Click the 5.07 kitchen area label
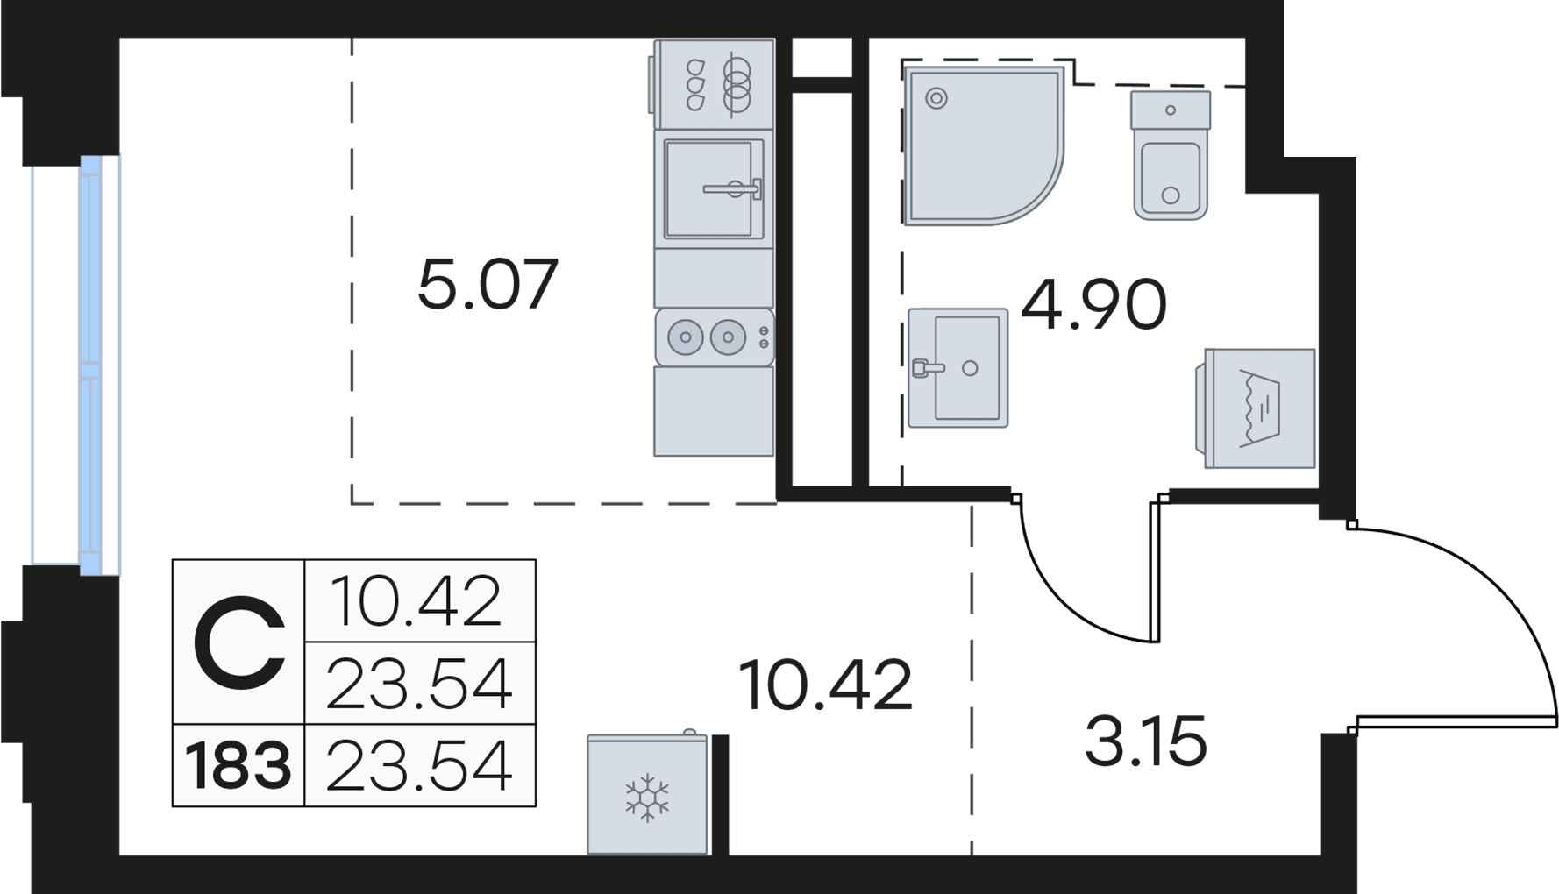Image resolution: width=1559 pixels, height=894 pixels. pos(488,284)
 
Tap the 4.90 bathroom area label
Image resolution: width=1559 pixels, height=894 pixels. pos(1093,304)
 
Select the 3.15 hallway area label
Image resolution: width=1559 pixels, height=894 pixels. pos(1146,741)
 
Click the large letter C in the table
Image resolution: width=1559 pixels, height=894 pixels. pos(239,642)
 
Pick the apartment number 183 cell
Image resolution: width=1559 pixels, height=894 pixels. pos(238,765)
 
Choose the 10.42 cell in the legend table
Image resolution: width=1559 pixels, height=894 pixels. pos(418,600)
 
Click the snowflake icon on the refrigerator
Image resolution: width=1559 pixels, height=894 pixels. pos(646,798)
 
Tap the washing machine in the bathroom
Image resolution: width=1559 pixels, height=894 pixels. pos(1255,408)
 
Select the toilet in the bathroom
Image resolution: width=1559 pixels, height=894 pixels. pos(1171,155)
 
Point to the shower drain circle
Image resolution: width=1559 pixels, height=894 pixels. pos(936,98)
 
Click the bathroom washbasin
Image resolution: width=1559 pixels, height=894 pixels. pos(957,368)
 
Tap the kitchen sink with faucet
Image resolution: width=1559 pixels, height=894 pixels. pos(714,188)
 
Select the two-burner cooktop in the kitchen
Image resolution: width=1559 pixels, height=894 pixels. pos(714,337)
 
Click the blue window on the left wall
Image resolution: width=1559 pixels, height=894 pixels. pos(91,365)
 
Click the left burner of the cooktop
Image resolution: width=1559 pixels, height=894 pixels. pos(686,337)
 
